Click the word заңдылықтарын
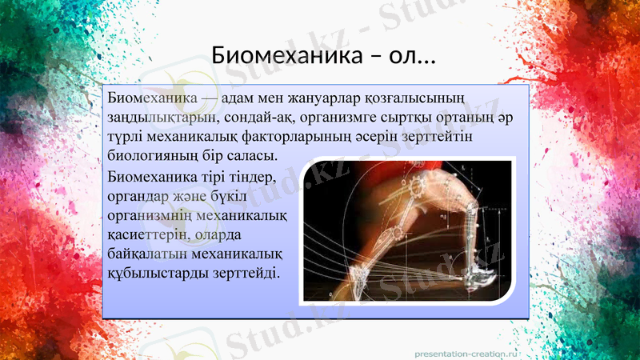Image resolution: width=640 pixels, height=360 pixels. point(157,118)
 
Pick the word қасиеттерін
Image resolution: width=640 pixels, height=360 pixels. point(149,234)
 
